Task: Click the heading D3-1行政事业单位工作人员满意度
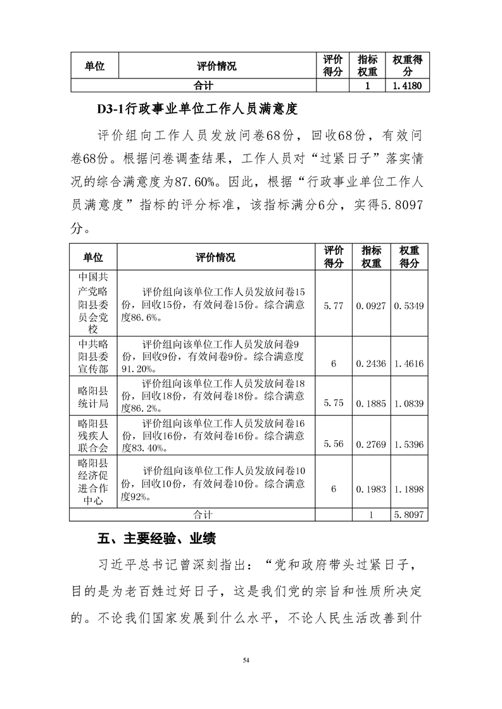point(197,108)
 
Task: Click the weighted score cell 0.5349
point(409,306)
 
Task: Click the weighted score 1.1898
point(409,489)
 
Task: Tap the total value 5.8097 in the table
point(409,515)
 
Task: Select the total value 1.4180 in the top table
point(407,85)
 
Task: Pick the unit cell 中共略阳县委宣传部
point(94,356)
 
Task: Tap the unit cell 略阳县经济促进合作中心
point(94,482)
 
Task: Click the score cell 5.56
point(333,444)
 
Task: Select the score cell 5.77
point(333,306)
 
